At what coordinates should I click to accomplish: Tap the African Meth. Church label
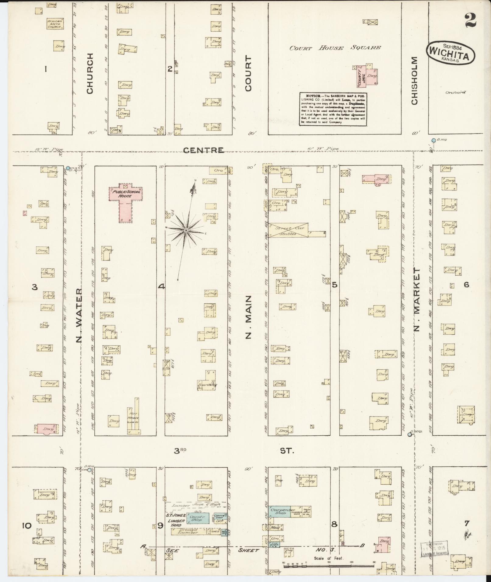55,24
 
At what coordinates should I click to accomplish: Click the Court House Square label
335,48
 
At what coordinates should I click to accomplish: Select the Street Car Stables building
288,231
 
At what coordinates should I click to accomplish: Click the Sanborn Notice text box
333,109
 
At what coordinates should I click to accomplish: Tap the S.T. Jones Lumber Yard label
176,520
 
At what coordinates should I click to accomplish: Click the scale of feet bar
329,566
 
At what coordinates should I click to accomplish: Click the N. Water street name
79,315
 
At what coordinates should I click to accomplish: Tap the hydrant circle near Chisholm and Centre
433,140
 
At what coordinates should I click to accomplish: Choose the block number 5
334,285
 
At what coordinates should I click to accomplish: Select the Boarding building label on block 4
207,385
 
